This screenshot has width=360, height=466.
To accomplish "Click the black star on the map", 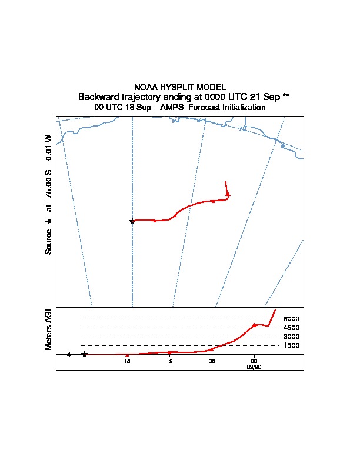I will pos(132,221).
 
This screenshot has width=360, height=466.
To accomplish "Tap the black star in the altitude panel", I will pos(85,354).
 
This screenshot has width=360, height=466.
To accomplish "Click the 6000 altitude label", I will pos(291,319).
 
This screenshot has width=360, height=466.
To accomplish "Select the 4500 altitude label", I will pos(291,328).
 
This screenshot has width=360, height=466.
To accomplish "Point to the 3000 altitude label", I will pos(291,337).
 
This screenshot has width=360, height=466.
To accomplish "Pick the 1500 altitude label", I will pos(291,345).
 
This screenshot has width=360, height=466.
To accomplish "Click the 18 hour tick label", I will pos(126,361).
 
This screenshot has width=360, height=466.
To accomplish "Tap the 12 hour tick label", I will pos(169,361).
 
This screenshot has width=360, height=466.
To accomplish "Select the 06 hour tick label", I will pos(212,361).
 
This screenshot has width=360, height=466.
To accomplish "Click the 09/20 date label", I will pos(254,366).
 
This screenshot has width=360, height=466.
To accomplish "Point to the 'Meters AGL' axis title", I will pos(49,328).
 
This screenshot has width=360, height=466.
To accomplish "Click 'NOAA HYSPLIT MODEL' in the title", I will pos(180,87).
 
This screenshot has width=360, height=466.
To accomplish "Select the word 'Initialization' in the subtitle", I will pos(242,108).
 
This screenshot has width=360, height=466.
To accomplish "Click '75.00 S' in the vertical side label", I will pos(49,182).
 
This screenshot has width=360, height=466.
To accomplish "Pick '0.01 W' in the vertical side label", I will pos(49,147).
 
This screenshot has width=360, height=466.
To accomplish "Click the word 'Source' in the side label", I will pos(49,241).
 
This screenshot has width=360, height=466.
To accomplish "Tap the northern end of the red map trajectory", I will pos(226,182).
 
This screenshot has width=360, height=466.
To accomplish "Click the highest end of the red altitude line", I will pos(275,309).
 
